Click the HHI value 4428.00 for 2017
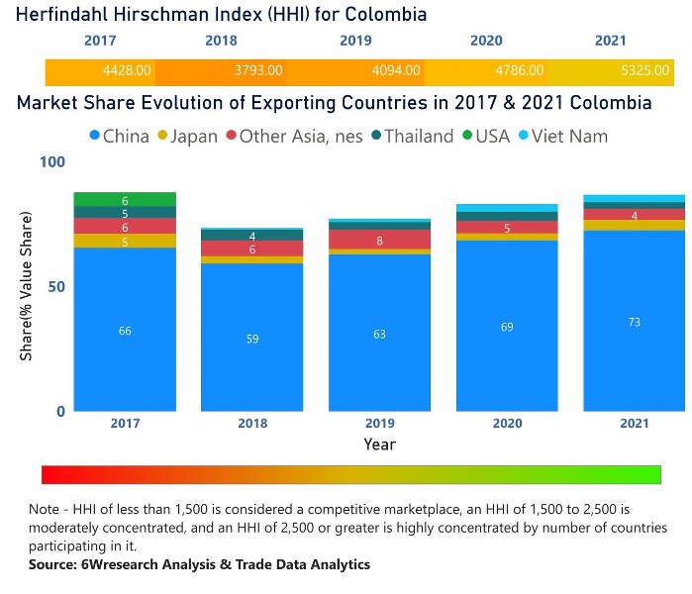tap(127, 71)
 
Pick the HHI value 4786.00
tap(519, 71)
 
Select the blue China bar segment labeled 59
tap(252, 338)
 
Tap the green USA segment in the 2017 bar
tap(125, 200)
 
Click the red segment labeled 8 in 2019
tap(379, 240)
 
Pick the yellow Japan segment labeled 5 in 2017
tap(125, 242)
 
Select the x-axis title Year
tap(379, 445)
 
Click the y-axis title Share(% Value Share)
tap(27, 286)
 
